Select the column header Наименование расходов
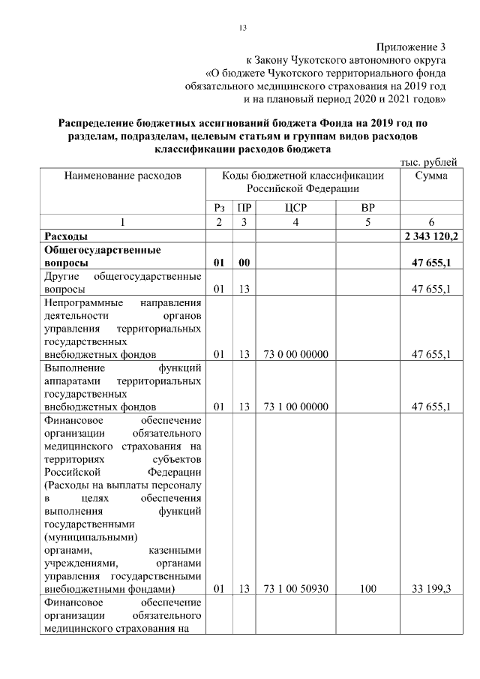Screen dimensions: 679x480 coord(123,176)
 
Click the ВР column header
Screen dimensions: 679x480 coord(367,208)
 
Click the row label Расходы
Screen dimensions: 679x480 coord(68,236)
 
